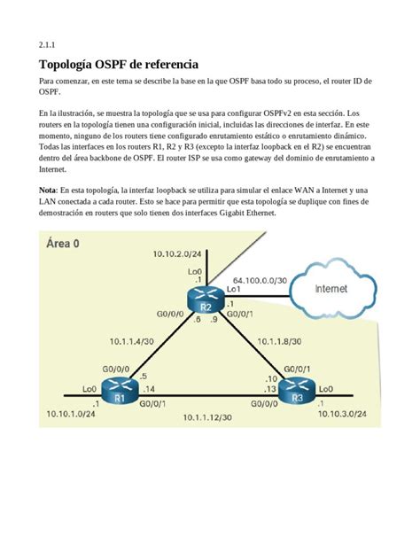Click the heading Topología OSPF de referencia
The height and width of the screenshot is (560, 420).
coord(119,65)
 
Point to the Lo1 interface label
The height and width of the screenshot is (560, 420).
coord(234,289)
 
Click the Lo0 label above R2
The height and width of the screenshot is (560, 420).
coord(196,272)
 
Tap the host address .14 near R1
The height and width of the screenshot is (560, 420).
coord(148,389)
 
